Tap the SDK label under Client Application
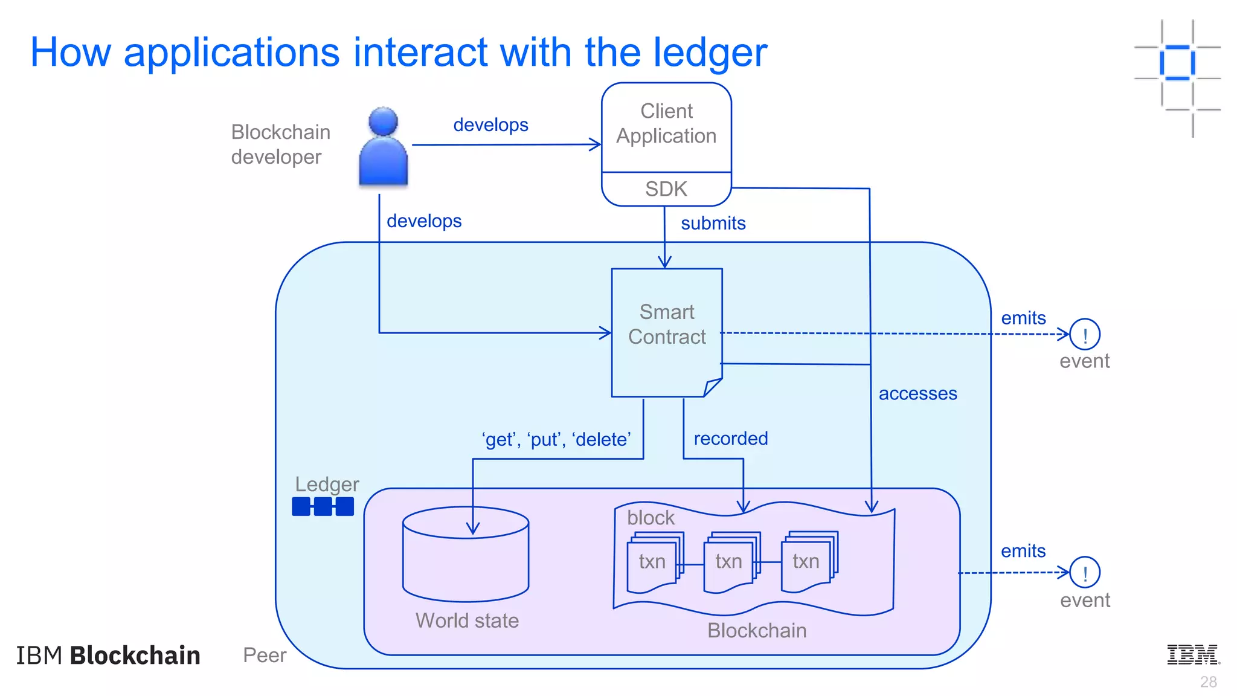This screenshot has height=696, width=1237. point(666,189)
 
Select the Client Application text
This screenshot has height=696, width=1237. point(666,124)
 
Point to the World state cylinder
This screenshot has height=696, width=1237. point(465,555)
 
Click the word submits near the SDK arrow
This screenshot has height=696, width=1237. point(713,224)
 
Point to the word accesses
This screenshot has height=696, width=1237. point(917,394)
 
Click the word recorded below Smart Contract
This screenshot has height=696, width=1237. point(730,439)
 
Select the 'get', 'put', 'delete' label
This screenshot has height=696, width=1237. point(556,439)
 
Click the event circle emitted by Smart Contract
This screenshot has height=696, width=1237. point(1084,334)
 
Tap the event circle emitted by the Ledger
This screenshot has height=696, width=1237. point(1084,572)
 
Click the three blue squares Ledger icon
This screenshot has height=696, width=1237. point(323,506)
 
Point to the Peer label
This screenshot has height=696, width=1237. point(264,655)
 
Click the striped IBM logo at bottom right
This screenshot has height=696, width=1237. point(1193,654)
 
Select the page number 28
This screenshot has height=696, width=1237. point(1208,682)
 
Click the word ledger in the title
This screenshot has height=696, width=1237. point(705,53)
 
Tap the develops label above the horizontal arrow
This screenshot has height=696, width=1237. point(490,125)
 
